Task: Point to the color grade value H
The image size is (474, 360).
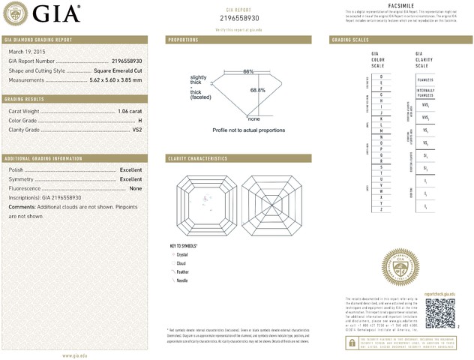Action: (140, 121)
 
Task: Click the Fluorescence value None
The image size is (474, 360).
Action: (136, 188)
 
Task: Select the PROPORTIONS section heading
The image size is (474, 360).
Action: (183, 39)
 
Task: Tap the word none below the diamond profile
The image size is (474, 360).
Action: (253, 118)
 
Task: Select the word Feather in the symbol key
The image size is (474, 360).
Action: (182, 271)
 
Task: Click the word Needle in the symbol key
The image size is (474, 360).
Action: (181, 280)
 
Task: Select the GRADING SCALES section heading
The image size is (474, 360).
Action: (350, 39)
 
